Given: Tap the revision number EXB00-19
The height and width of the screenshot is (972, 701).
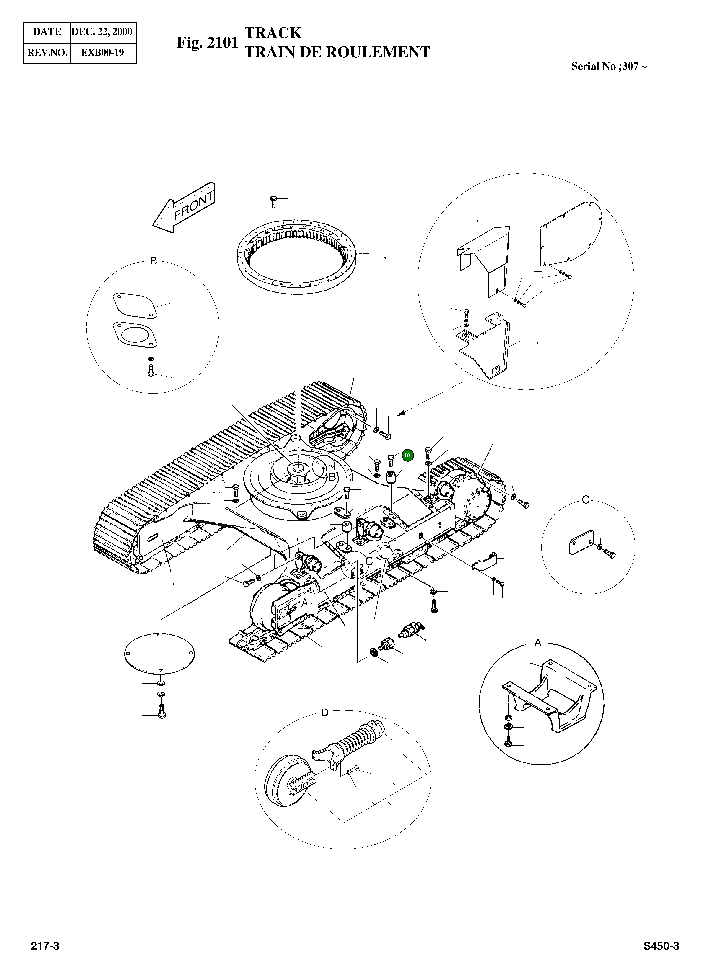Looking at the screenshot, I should tap(103, 53).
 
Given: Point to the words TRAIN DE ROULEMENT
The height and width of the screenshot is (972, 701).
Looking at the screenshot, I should tap(337, 52).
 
